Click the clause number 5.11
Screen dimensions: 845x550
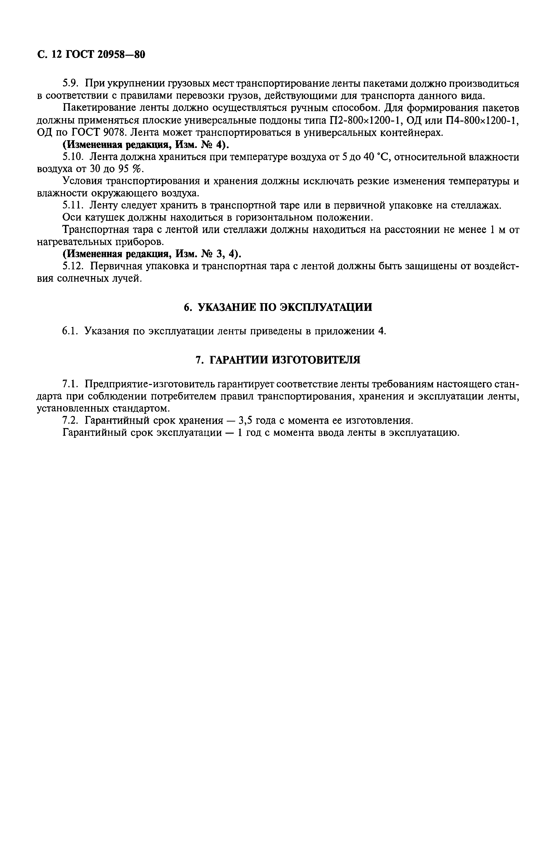[72, 205]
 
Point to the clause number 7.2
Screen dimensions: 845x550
[70, 421]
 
